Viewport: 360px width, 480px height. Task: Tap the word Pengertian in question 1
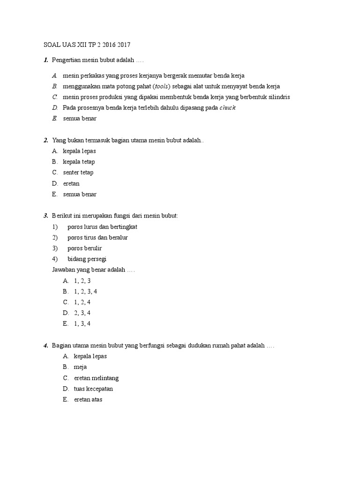pyautogui.click(x=67, y=60)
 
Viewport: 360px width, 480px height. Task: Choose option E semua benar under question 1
pyautogui.click(x=80, y=119)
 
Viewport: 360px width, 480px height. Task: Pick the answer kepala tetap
pyautogui.click(x=79, y=162)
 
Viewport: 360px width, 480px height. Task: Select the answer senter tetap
pyautogui.click(x=78, y=172)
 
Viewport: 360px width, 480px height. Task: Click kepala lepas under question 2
pyautogui.click(x=79, y=151)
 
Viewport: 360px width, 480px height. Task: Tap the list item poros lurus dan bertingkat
pyautogui.click(x=102, y=227)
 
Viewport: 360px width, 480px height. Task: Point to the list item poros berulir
pyautogui.click(x=84, y=248)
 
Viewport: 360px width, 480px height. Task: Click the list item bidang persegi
pyautogui.click(x=87, y=259)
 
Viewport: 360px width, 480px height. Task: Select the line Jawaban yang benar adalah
pyautogui.click(x=92, y=270)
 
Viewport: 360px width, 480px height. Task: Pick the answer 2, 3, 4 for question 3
pyautogui.click(x=82, y=313)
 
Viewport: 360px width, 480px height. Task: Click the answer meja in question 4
pyautogui.click(x=80, y=367)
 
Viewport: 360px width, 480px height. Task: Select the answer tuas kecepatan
pyautogui.click(x=93, y=389)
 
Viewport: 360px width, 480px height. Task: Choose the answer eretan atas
pyautogui.click(x=88, y=400)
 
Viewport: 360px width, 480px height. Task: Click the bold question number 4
pyautogui.click(x=46, y=345)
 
